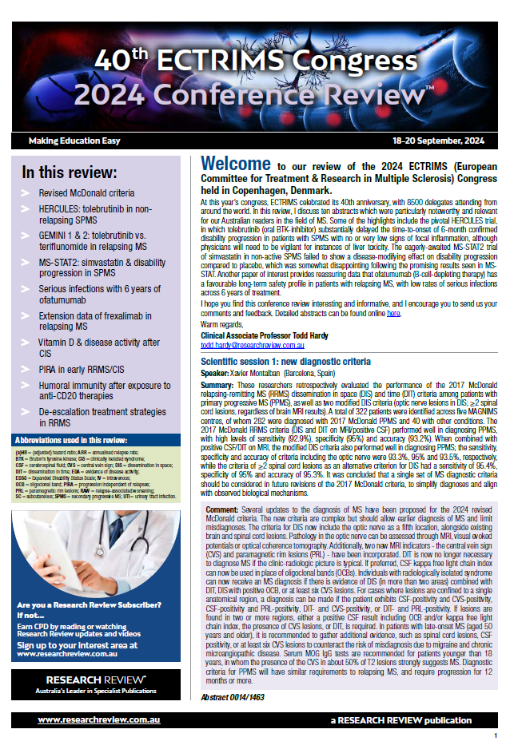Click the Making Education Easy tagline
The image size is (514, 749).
74,141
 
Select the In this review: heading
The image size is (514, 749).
70,172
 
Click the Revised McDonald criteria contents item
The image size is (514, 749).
87,193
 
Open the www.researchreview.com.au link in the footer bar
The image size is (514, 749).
99,720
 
